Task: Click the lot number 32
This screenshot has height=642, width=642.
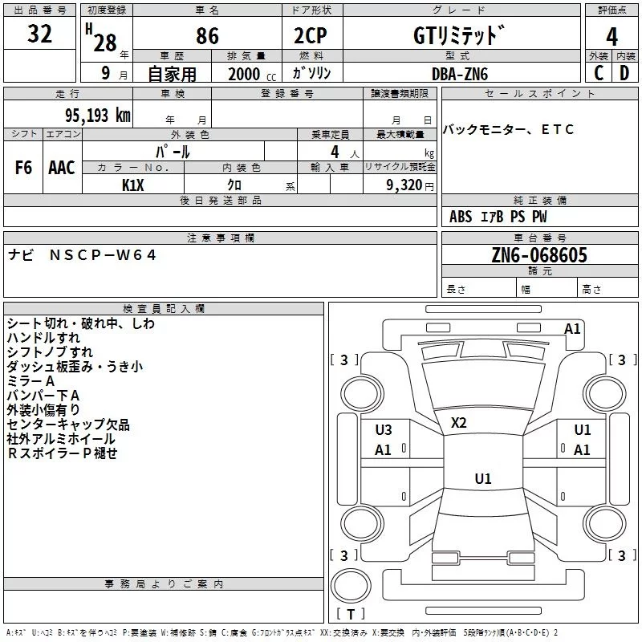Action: (39, 35)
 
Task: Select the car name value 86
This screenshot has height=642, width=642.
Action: (208, 35)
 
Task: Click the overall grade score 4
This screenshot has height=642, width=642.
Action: (612, 36)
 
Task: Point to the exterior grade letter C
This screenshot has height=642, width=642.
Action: (599, 73)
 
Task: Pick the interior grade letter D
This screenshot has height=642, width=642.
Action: (624, 73)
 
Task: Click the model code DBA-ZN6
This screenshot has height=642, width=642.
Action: (460, 74)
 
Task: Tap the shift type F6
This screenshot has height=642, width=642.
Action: (24, 168)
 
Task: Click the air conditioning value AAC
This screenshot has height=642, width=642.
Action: (61, 168)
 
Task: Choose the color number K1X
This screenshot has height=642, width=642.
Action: (133, 185)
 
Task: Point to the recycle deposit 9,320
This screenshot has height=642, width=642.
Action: (406, 185)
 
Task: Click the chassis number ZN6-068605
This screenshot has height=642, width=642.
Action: (539, 256)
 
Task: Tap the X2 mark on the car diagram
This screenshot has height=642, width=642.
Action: (459, 423)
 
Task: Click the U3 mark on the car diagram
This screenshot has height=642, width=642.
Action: (384, 430)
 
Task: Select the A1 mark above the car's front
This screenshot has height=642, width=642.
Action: (572, 328)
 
